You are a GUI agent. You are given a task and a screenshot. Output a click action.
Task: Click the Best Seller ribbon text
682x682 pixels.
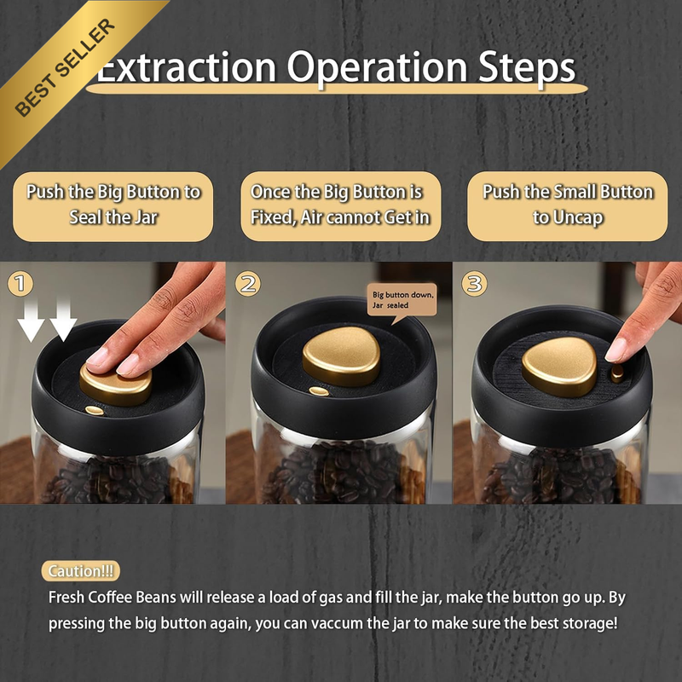pos(66,67)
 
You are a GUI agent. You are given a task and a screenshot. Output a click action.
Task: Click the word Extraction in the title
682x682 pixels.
pos(187,67)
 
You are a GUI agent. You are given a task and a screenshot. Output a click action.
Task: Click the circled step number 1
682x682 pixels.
pos(20,284)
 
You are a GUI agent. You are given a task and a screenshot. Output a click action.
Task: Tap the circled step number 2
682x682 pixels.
pos(248,284)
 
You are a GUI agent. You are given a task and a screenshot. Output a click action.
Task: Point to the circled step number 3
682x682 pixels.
pos(474,284)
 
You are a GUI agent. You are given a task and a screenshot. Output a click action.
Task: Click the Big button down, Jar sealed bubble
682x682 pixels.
pos(402,301)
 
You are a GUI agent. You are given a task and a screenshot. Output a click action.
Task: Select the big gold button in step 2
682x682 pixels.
pos(342,355)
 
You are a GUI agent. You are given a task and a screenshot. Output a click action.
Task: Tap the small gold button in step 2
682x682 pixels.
pos(319,391)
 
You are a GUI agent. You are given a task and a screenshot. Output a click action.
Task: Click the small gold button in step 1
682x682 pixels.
pos(95,410)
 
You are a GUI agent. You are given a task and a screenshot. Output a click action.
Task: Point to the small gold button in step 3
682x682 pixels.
pos(617,373)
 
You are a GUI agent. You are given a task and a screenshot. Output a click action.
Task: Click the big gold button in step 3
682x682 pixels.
pos(560,367)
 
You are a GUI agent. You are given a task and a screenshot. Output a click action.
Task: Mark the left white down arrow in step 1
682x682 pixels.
pos(31,321)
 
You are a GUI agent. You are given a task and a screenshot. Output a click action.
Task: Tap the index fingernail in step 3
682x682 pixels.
pos(616,350)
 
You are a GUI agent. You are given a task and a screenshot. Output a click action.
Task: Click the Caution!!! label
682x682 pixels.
pos(80,570)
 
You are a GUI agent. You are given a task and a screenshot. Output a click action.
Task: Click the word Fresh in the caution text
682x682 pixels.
pos(66,598)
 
